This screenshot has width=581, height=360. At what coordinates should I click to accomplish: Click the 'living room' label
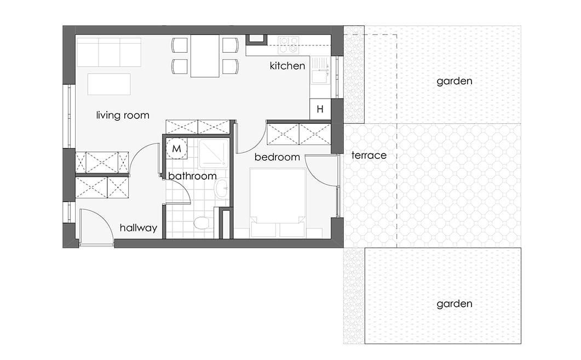tap(123, 115)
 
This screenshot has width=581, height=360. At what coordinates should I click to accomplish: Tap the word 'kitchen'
tap(287, 66)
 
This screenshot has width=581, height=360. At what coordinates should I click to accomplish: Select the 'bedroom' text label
tap(277, 157)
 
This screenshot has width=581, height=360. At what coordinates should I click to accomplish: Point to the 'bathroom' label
tap(192, 176)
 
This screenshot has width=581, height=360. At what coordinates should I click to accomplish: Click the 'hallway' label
tap(138, 227)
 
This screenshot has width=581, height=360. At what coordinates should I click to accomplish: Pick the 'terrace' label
tap(369, 156)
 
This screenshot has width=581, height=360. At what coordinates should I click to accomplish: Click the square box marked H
tap(320, 109)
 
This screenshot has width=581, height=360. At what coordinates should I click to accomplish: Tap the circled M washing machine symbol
tap(176, 148)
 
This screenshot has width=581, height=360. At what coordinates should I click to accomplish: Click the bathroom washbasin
tap(222, 189)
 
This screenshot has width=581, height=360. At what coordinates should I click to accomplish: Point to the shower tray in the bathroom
tap(214, 153)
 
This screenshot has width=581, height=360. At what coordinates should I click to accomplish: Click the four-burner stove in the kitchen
tap(289, 45)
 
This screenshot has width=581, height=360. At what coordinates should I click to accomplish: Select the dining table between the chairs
tap(205, 56)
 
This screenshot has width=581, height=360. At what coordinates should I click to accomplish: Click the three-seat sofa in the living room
tap(109, 52)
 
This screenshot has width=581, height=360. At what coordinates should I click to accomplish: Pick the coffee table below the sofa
tap(109, 84)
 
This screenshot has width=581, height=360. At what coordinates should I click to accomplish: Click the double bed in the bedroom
tap(278, 203)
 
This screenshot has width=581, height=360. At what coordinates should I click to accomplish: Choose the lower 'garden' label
tap(455, 304)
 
